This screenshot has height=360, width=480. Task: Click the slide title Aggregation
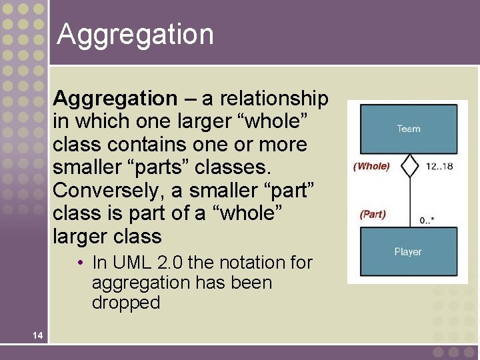pyautogui.click(x=135, y=35)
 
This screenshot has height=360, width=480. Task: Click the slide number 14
pyautogui.click(x=39, y=335)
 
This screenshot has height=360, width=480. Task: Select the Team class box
pyautogui.click(x=408, y=129)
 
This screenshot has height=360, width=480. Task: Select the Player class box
pyautogui.click(x=408, y=252)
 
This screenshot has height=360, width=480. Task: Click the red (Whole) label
pyautogui.click(x=371, y=166)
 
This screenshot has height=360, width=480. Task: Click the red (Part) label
pyautogui.click(x=373, y=214)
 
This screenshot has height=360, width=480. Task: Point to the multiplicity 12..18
pyautogui.click(x=439, y=166)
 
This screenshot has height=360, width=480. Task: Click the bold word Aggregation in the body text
pyautogui.click(x=115, y=99)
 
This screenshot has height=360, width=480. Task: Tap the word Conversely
pyautogui.click(x=109, y=191)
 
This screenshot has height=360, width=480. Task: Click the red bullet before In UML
pyautogui.click(x=79, y=263)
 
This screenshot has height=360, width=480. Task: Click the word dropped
pyautogui.click(x=126, y=303)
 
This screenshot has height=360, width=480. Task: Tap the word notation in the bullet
pyautogui.click(x=251, y=263)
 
